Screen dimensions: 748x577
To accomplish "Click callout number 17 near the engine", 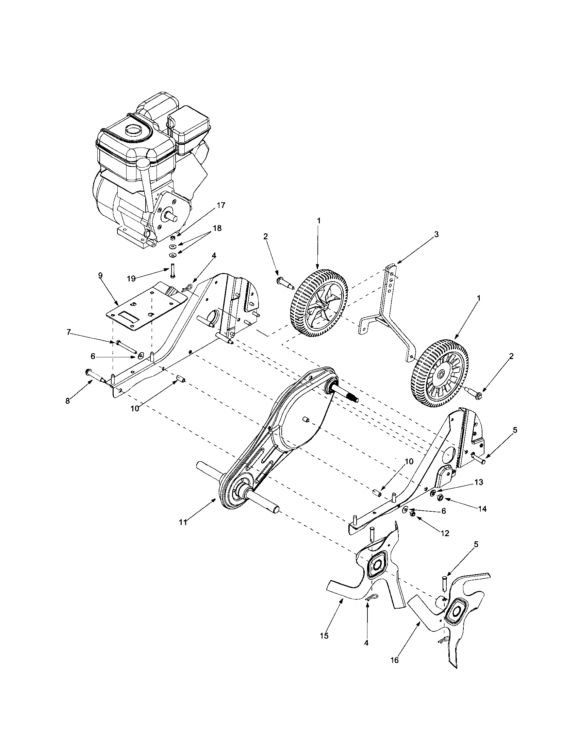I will (x=221, y=205).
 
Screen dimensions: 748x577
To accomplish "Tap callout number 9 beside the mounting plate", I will (x=100, y=276).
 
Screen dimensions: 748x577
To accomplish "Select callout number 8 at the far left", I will (x=68, y=401).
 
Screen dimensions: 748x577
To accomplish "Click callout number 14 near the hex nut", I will (x=482, y=509).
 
